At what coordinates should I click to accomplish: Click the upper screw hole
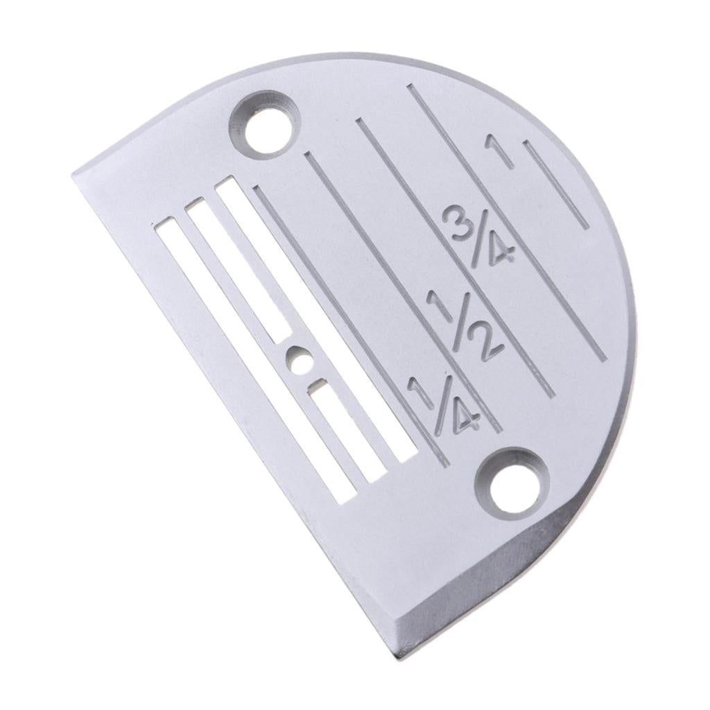pyautogui.click(x=266, y=126)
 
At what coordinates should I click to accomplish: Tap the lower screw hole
pyautogui.click(x=512, y=484)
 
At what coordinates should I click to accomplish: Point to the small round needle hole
pyautogui.click(x=298, y=361)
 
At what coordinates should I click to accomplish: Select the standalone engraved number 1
pyautogui.click(x=501, y=151)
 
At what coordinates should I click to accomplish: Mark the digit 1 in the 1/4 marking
pyautogui.click(x=421, y=391)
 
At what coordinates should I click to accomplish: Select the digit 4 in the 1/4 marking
pyautogui.click(x=462, y=419)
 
